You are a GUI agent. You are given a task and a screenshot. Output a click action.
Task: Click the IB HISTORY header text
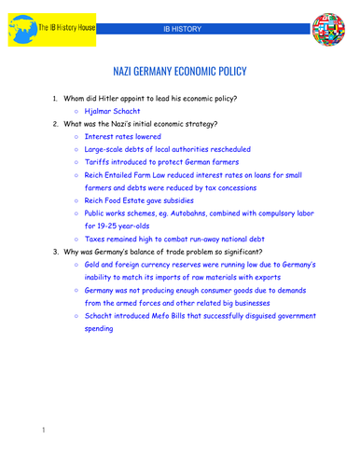pos(181,29)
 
